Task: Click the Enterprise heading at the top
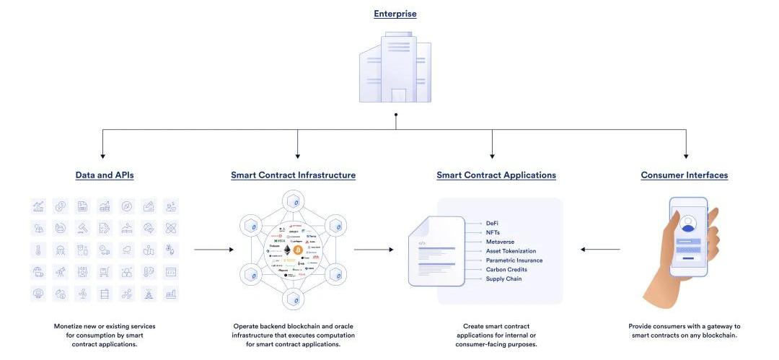coord(395,14)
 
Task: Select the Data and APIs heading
coord(105,175)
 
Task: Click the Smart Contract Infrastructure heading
coord(293,175)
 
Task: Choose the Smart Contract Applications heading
coord(496,175)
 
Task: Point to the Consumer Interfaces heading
coord(685,175)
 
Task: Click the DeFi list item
coord(493,223)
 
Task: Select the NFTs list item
coord(493,232)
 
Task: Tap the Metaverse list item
coord(500,242)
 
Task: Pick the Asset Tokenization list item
coord(511,251)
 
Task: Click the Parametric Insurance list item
coord(514,260)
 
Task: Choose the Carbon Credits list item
coord(506,270)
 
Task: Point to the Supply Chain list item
coord(503,279)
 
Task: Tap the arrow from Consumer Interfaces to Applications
coord(600,250)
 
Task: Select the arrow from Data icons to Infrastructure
coord(214,250)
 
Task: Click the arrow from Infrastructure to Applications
coord(374,250)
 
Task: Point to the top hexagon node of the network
coord(293,201)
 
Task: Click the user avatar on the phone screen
coord(688,222)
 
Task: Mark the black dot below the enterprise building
coord(395,115)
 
